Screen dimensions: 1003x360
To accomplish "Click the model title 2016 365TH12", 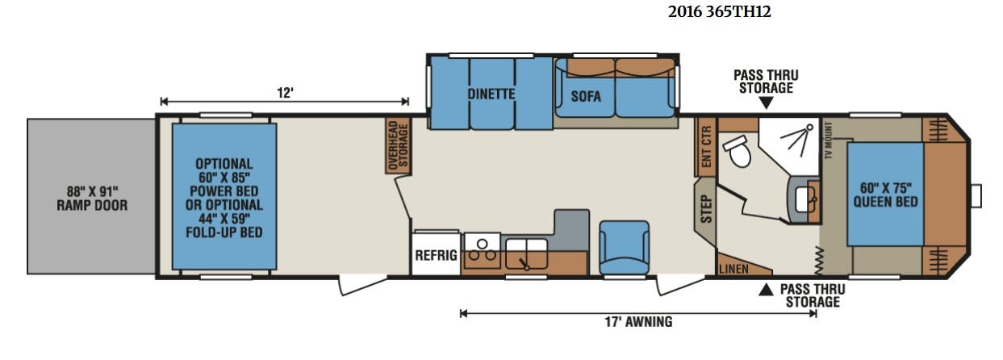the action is [720, 11].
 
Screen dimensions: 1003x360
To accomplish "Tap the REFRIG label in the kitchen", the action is [436, 255].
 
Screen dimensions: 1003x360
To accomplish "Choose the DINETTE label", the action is [491, 94].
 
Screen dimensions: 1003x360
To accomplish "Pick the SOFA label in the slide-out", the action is [586, 96].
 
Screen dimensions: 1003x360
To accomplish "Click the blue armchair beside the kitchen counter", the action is [625, 247].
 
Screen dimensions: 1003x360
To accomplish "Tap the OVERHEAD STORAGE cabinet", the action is [398, 145].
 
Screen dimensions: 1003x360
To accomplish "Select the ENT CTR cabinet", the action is [706, 147].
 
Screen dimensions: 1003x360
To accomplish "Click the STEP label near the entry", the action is [706, 209].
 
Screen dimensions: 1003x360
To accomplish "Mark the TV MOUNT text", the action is [828, 140].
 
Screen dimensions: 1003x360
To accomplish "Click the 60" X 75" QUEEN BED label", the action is [885, 195].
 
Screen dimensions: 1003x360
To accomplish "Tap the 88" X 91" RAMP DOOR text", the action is [92, 199].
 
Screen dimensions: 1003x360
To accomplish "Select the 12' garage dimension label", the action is [285, 93].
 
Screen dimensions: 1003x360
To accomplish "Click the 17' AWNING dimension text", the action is [638, 321].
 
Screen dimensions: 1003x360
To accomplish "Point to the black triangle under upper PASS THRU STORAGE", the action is [766, 103].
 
